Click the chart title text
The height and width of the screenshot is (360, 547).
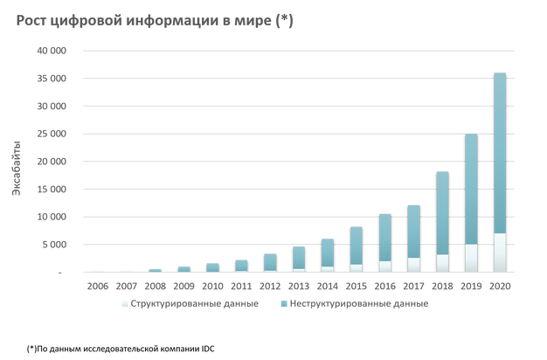pyautogui.click(x=149, y=22)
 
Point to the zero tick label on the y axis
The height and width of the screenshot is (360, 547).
pyautogui.click(x=61, y=273)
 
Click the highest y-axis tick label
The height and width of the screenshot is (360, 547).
pyautogui.click(x=50, y=51)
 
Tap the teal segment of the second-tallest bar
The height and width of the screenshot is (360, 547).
pyautogui.click(x=471, y=189)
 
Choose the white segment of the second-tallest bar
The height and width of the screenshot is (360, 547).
pyautogui.click(x=471, y=259)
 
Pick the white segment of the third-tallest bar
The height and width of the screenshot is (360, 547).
pyautogui.click(x=442, y=263)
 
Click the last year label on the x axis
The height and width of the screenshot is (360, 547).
pyautogui.click(x=500, y=285)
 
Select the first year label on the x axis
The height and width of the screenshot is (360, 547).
pyautogui.click(x=99, y=285)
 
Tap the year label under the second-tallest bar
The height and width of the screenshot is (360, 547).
pyautogui.click(x=471, y=285)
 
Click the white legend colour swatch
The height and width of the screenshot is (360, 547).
pyautogui.click(x=125, y=304)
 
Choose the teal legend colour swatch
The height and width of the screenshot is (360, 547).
pyautogui.click(x=284, y=304)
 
